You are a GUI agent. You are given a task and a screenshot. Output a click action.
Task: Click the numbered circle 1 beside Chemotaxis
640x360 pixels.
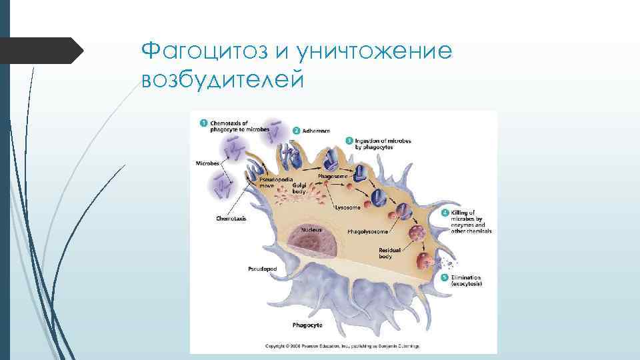click(203, 123)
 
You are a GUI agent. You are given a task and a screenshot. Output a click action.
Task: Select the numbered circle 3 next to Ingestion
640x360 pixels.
click(349, 141)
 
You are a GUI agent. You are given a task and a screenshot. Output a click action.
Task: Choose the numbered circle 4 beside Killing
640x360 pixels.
click(445, 213)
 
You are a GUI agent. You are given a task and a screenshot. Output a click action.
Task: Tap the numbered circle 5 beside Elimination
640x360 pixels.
click(445, 277)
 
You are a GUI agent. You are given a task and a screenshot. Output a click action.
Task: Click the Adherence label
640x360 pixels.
click(316, 131)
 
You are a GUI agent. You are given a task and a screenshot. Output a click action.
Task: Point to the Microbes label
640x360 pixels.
click(207, 163)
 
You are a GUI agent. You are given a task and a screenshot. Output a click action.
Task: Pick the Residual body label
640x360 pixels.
click(390, 253)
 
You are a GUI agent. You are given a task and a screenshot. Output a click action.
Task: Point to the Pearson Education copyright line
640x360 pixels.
click(343, 347)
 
